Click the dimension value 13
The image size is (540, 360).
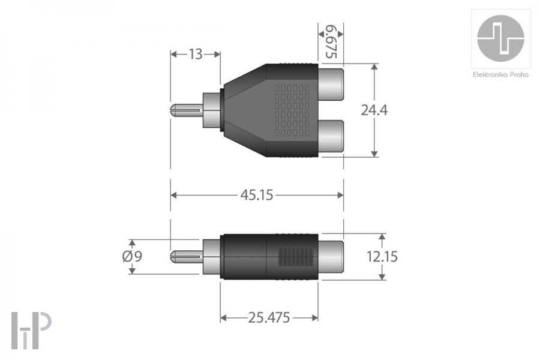[196, 55]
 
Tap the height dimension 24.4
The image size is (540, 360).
[374, 110]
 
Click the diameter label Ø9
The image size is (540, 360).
[132, 256]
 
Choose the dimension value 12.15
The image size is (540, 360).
[382, 256]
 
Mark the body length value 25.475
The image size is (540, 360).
[269, 317]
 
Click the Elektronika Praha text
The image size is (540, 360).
[500, 74]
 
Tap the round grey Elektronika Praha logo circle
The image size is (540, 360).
[500, 37]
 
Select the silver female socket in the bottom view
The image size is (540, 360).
[329, 257]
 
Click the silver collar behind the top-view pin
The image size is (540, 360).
[212, 110]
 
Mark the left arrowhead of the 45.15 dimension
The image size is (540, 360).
[174, 195]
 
